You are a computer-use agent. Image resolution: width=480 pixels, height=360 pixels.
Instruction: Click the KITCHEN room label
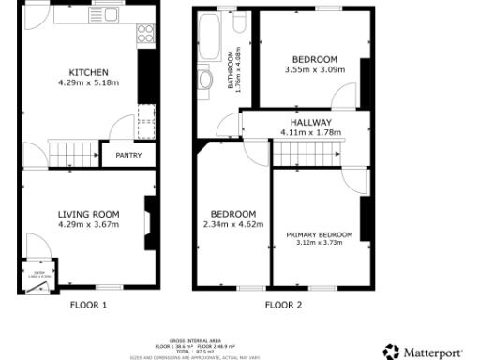(89, 72)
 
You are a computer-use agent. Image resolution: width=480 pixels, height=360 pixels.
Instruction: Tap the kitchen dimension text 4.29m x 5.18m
(89, 82)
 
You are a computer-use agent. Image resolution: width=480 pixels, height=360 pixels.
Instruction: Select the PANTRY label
(128, 155)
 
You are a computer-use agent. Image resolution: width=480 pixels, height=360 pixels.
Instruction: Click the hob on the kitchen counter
(145, 35)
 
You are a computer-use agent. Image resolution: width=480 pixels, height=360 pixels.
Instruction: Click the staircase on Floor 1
(73, 152)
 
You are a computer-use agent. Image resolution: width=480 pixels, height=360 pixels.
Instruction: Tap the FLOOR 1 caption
(89, 305)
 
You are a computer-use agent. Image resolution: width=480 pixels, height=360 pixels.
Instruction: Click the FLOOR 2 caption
(283, 305)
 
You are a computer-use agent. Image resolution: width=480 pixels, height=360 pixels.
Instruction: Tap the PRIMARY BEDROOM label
(320, 233)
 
